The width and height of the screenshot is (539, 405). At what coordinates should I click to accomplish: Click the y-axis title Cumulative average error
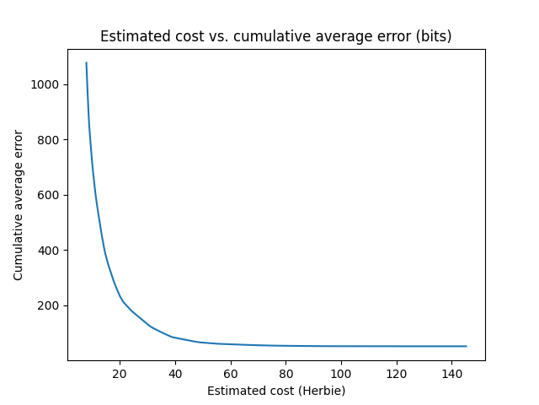[x=19, y=206]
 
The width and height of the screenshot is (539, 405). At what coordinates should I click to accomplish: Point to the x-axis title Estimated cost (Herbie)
[x=276, y=391]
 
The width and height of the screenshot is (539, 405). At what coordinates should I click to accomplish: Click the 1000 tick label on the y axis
[x=46, y=84]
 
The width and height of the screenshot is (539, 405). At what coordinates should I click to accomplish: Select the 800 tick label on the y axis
[x=50, y=140]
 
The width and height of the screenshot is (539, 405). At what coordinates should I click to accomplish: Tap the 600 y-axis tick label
[x=50, y=195]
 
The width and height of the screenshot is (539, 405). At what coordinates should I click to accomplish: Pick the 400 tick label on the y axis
[x=50, y=251]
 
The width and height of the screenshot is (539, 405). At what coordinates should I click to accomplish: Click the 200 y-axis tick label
[x=50, y=305]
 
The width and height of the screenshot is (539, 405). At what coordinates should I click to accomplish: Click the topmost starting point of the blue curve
[x=87, y=62]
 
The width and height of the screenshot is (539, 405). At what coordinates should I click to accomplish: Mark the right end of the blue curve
[x=466, y=346]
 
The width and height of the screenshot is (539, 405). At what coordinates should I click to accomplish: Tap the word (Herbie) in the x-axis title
[x=321, y=391]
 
